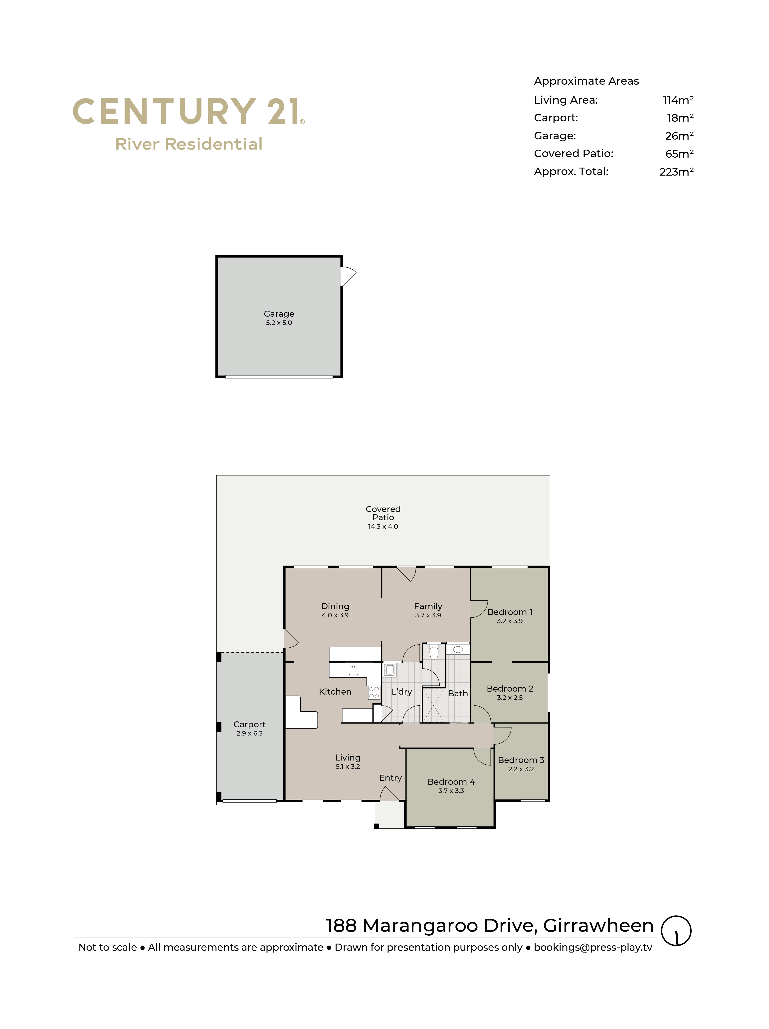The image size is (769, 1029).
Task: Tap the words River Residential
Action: click(x=189, y=144)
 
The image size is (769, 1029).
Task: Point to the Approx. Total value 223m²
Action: click(x=676, y=172)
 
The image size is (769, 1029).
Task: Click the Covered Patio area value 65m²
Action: click(x=679, y=154)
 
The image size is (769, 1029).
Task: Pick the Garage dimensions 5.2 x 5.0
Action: click(x=279, y=323)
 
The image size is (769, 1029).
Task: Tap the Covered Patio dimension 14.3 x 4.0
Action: click(x=383, y=526)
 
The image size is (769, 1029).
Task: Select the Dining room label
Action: click(x=335, y=606)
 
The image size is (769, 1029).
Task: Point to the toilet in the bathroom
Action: click(x=434, y=652)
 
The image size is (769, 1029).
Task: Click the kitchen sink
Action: click(x=353, y=670)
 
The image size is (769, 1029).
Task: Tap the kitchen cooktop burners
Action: click(x=374, y=693)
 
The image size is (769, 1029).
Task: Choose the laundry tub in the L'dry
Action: click(x=389, y=670)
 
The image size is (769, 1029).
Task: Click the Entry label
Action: click(x=390, y=778)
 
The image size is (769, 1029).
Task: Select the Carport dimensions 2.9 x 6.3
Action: click(x=250, y=734)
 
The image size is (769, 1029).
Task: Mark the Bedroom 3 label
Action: click(x=521, y=760)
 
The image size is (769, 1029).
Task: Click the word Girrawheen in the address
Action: click(x=598, y=926)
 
